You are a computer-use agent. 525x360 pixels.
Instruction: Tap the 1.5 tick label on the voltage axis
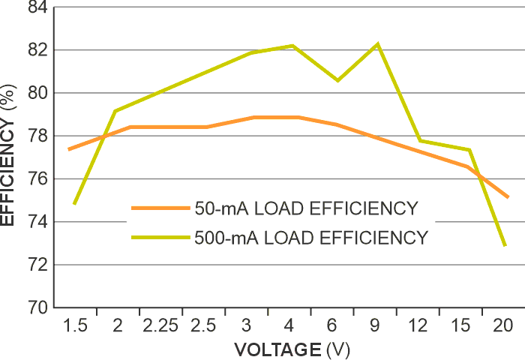tap(76, 325)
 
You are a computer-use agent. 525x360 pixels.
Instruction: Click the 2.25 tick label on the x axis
tap(160, 325)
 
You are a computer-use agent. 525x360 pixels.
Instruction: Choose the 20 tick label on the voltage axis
tap(502, 325)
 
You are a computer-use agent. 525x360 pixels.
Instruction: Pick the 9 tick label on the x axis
tap(375, 325)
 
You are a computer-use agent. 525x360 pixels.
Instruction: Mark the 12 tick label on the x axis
tap(418, 325)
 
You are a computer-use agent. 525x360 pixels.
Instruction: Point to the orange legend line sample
tap(159, 208)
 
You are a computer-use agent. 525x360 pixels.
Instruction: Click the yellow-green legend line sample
tap(159, 238)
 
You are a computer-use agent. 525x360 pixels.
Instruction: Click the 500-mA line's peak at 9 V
tap(377, 43)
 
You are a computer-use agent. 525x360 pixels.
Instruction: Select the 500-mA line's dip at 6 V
tap(337, 80)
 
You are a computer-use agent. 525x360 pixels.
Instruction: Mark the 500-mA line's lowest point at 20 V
tap(505, 245)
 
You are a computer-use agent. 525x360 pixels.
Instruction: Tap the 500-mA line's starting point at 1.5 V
tap(73, 203)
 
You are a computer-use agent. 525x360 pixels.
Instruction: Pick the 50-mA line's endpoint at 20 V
tap(508, 197)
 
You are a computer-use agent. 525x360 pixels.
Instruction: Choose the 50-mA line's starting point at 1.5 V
tap(69, 149)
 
